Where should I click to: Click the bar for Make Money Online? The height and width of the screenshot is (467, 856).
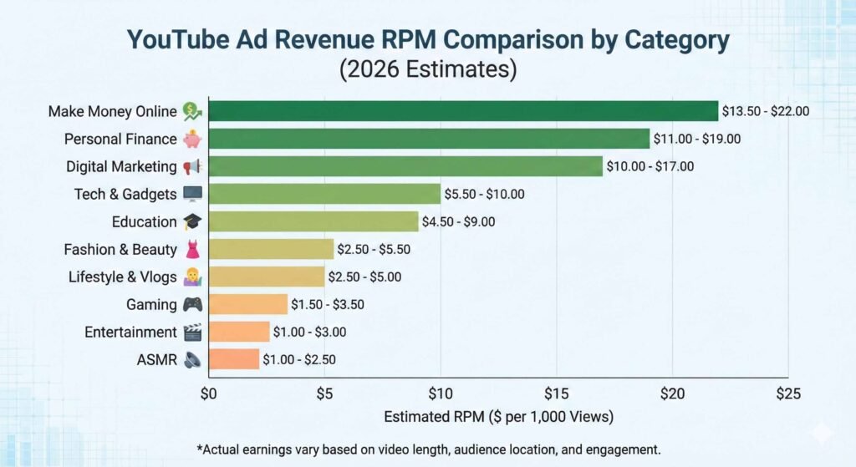(x=463, y=111)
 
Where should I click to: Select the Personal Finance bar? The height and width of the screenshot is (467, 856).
(x=429, y=139)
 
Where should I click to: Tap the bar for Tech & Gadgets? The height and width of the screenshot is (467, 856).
(x=324, y=194)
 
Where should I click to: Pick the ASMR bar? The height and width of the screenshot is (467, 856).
(x=234, y=359)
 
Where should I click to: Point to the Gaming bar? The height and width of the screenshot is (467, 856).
(x=248, y=304)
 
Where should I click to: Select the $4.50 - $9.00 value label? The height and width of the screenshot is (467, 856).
(x=459, y=221)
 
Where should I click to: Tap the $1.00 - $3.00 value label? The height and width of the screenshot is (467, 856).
(x=310, y=332)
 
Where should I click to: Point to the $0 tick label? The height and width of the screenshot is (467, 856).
(x=209, y=393)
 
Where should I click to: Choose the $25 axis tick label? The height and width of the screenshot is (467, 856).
(x=787, y=393)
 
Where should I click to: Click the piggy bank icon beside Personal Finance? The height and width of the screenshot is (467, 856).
(x=192, y=139)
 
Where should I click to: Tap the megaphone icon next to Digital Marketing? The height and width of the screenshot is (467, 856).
(x=192, y=166)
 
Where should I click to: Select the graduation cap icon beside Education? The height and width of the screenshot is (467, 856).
(x=192, y=221)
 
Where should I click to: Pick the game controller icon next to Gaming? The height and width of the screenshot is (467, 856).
(x=192, y=304)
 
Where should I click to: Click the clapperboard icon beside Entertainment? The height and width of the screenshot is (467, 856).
(x=192, y=332)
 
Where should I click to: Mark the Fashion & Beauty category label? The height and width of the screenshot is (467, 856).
(x=120, y=249)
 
